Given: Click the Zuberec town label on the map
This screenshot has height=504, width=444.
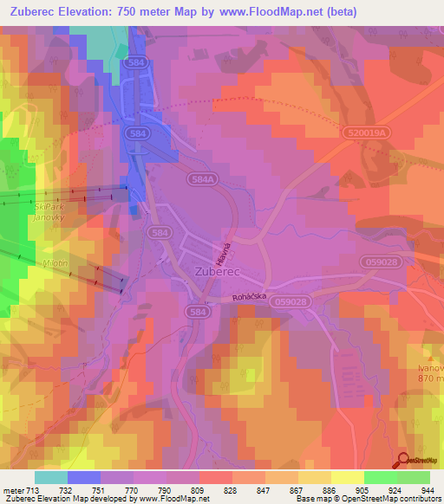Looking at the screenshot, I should point(211,270).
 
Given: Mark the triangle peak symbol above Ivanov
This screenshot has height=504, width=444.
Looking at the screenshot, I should point(428,356).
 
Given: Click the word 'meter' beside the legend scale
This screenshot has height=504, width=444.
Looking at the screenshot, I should point(12,489).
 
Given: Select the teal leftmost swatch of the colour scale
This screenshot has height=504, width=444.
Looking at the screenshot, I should point(50,477).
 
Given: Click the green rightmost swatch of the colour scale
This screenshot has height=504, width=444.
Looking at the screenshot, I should point(413,477).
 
